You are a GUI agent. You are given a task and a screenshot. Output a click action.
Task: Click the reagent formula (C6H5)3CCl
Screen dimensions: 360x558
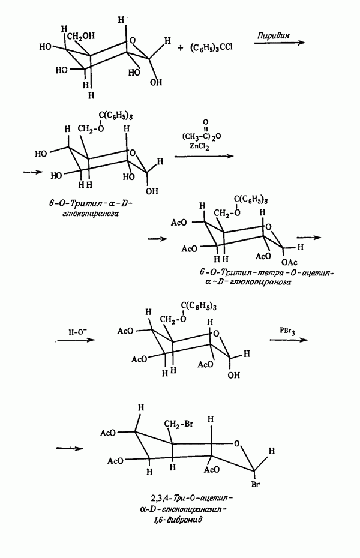point(211,47)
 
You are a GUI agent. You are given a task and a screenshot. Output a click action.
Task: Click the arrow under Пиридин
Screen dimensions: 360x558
point(279,43)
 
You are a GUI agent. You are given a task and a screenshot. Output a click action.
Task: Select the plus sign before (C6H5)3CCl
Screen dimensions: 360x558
point(181,47)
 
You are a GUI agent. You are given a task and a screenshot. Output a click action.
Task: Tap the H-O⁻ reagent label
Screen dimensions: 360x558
point(76,332)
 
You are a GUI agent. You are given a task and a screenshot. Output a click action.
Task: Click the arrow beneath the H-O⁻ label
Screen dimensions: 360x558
point(76,340)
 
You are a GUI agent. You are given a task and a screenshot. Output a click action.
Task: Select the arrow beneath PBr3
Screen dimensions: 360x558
point(289,340)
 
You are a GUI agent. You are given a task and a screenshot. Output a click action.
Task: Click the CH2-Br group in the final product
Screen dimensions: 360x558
point(178,424)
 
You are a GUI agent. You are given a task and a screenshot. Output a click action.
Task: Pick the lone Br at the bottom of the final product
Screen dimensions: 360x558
point(256,485)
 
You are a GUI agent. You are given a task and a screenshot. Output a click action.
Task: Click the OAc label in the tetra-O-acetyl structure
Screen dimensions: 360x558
point(289,262)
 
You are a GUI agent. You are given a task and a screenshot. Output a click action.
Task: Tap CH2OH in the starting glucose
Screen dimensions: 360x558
point(81,36)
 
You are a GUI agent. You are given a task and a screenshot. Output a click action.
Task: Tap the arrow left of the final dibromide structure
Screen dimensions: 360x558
point(70,448)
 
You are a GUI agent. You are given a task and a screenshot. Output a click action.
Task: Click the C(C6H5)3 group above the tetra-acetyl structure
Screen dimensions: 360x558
point(251,200)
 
